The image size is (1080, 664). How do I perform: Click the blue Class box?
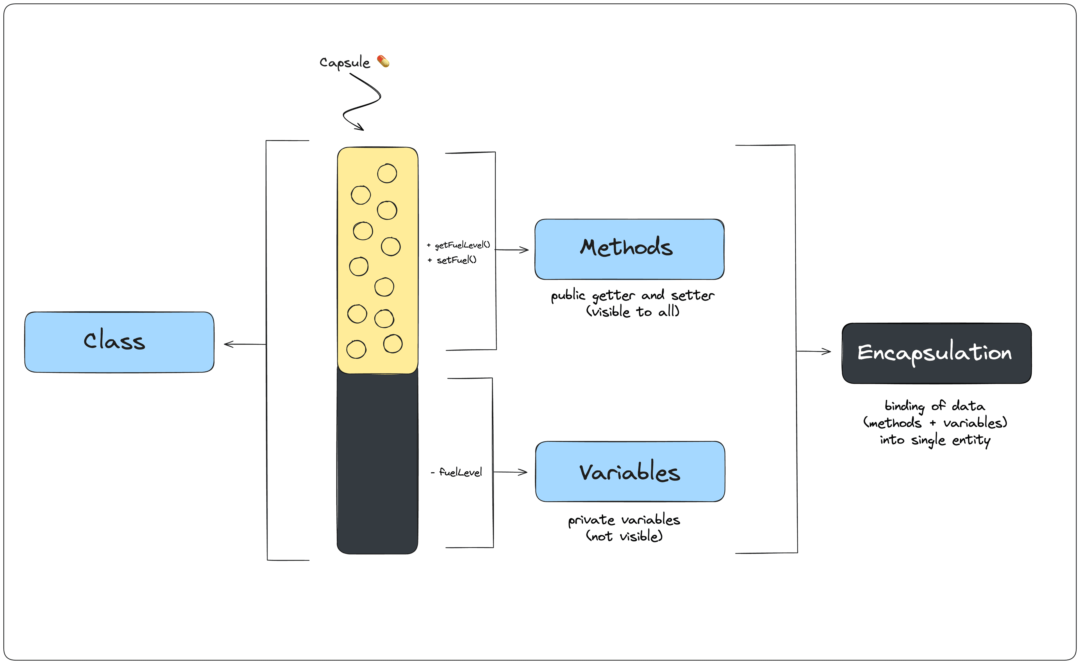(x=119, y=342)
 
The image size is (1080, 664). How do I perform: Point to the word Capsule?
(x=345, y=62)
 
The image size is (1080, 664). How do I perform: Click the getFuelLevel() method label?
(x=462, y=245)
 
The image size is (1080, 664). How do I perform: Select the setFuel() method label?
(x=456, y=260)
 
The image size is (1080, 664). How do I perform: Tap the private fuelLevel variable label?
(x=460, y=473)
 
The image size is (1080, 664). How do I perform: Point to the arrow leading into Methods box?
(x=512, y=250)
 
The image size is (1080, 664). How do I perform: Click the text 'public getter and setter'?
(x=633, y=296)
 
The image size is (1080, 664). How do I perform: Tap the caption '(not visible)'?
(x=624, y=536)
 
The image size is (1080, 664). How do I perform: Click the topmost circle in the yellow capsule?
(x=387, y=173)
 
